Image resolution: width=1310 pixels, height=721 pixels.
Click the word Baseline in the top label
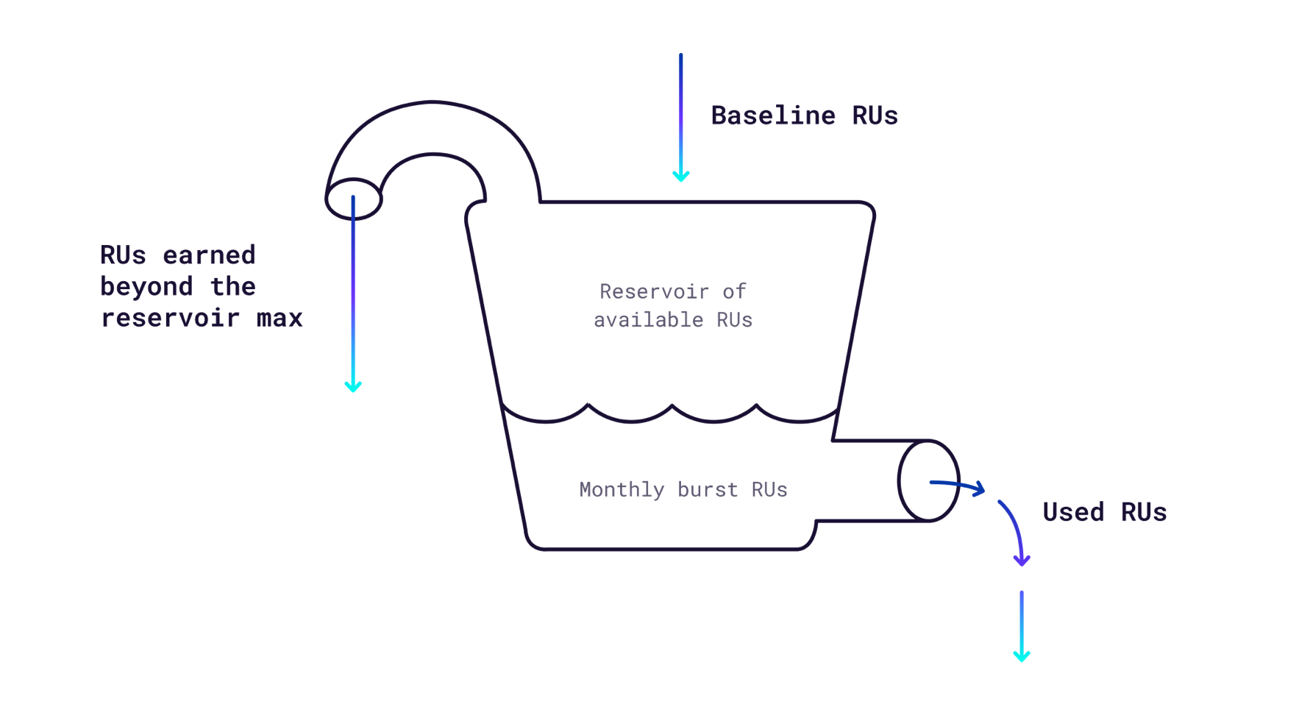773,116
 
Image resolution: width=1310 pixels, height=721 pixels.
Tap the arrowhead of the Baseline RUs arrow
681,177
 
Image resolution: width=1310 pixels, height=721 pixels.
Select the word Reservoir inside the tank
654,291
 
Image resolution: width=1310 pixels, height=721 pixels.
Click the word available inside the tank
648,320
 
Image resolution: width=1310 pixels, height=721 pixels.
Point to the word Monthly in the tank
622,490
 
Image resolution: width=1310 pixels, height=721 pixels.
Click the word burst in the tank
707,490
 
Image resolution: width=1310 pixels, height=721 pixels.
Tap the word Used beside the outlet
1073,512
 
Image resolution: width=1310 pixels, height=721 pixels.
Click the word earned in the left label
209,255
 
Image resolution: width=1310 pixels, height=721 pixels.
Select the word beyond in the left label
146,287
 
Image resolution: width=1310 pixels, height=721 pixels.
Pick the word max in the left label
280,319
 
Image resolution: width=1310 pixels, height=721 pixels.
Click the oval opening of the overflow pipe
353,199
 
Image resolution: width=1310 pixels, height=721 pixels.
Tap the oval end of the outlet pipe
928,480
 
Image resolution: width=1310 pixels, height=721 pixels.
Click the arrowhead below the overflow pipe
353,386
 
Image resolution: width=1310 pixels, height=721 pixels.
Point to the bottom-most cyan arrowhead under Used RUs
1022,655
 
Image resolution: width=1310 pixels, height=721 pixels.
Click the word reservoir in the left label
170,319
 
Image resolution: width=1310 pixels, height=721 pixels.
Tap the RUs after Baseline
875,116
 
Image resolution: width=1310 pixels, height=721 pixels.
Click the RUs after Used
1144,512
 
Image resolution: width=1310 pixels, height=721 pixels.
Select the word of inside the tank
734,291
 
